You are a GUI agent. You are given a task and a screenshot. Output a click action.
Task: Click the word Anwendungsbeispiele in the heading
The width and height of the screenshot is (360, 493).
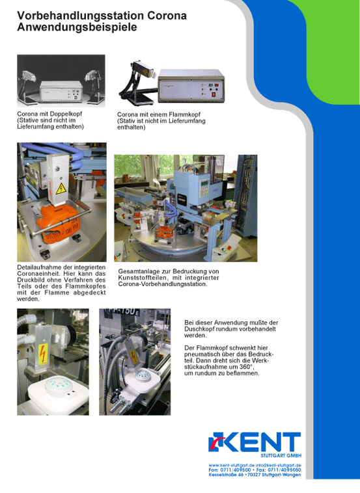77,27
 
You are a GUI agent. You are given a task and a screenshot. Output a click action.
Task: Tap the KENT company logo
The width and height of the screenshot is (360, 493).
255,442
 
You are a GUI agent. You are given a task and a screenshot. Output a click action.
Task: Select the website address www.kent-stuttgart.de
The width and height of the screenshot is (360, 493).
231,465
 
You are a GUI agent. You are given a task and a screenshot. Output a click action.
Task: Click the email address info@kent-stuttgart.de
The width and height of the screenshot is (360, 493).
278,465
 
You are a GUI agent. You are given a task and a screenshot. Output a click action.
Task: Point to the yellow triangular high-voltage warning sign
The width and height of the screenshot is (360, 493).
61,189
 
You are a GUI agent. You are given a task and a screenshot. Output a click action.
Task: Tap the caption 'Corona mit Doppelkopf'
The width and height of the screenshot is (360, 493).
49,114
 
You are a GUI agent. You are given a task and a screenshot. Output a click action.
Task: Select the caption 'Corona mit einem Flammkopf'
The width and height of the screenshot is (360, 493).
159,114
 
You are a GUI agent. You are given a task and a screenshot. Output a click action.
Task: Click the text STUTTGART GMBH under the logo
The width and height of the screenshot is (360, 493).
281,455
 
